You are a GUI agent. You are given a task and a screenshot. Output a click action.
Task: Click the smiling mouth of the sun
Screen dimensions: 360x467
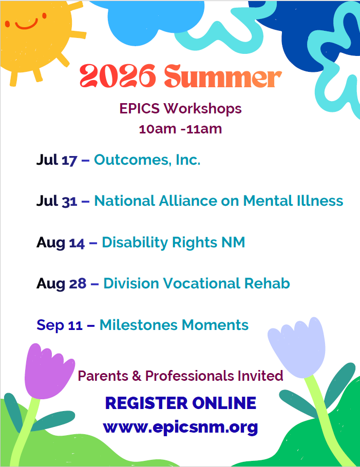(x=27, y=25)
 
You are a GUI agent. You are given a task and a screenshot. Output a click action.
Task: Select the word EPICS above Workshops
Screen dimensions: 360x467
(x=140, y=108)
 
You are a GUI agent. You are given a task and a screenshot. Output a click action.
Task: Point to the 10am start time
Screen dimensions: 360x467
(x=157, y=129)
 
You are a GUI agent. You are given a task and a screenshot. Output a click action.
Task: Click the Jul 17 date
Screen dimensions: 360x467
(x=56, y=160)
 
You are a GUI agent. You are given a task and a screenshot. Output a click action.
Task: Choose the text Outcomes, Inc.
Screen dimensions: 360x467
(x=147, y=160)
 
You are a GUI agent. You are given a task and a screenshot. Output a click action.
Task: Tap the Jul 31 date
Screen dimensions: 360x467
(x=56, y=201)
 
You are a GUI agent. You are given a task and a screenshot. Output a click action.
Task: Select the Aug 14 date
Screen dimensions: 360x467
(x=61, y=243)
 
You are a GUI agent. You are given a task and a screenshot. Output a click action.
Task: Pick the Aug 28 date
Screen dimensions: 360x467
(x=62, y=283)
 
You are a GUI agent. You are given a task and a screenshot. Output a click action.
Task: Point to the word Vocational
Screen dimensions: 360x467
(x=201, y=283)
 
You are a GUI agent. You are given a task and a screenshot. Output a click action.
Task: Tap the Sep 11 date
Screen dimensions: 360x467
(x=59, y=325)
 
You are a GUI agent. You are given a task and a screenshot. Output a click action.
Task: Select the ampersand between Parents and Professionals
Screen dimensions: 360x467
(x=137, y=376)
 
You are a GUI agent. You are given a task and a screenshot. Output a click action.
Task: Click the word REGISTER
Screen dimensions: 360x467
(x=147, y=403)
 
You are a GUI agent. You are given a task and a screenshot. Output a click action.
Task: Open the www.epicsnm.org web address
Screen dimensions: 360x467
(x=180, y=427)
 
